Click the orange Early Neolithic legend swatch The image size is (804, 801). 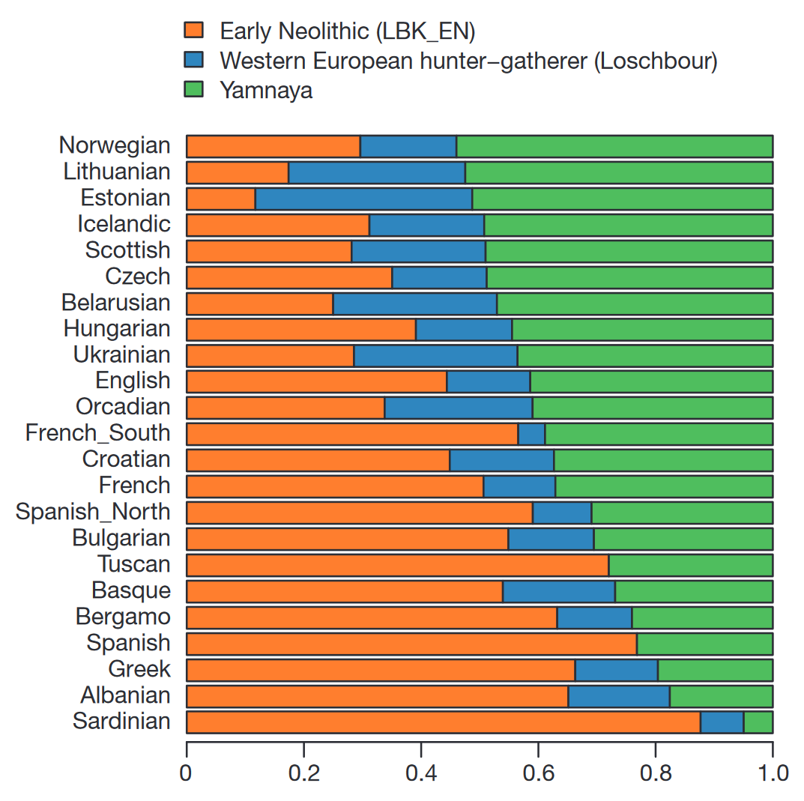193,30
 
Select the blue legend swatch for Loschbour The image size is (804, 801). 193,60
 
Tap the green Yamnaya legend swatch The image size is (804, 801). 193,90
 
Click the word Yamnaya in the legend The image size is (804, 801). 266,91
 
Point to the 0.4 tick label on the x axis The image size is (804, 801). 421,773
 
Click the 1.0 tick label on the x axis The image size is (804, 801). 773,773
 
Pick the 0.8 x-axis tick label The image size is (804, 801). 656,773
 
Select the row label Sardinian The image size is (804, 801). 121,722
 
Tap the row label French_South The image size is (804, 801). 97,433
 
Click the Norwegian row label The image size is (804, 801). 115,145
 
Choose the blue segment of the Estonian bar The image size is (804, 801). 363,199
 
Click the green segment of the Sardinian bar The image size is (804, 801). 758,722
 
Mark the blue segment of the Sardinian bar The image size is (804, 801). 722,722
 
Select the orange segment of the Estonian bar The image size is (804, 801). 220,199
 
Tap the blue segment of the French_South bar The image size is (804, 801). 531,434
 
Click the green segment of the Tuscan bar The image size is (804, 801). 690,565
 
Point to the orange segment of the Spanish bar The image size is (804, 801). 411,644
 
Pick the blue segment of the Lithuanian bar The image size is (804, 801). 376,172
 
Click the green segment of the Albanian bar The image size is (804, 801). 721,696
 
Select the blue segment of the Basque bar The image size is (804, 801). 558,591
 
